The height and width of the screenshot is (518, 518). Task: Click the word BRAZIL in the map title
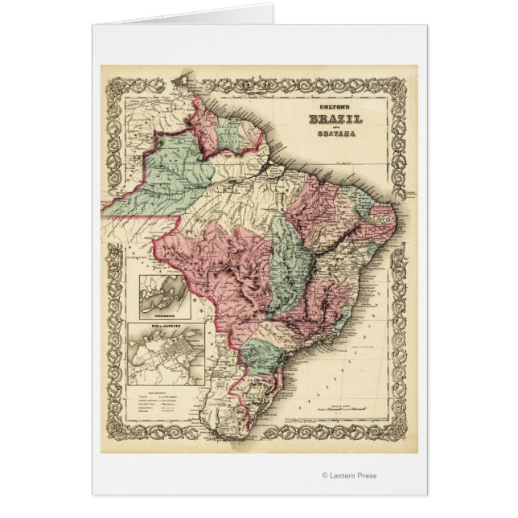335,119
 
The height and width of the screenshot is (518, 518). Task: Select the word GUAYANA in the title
335,134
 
